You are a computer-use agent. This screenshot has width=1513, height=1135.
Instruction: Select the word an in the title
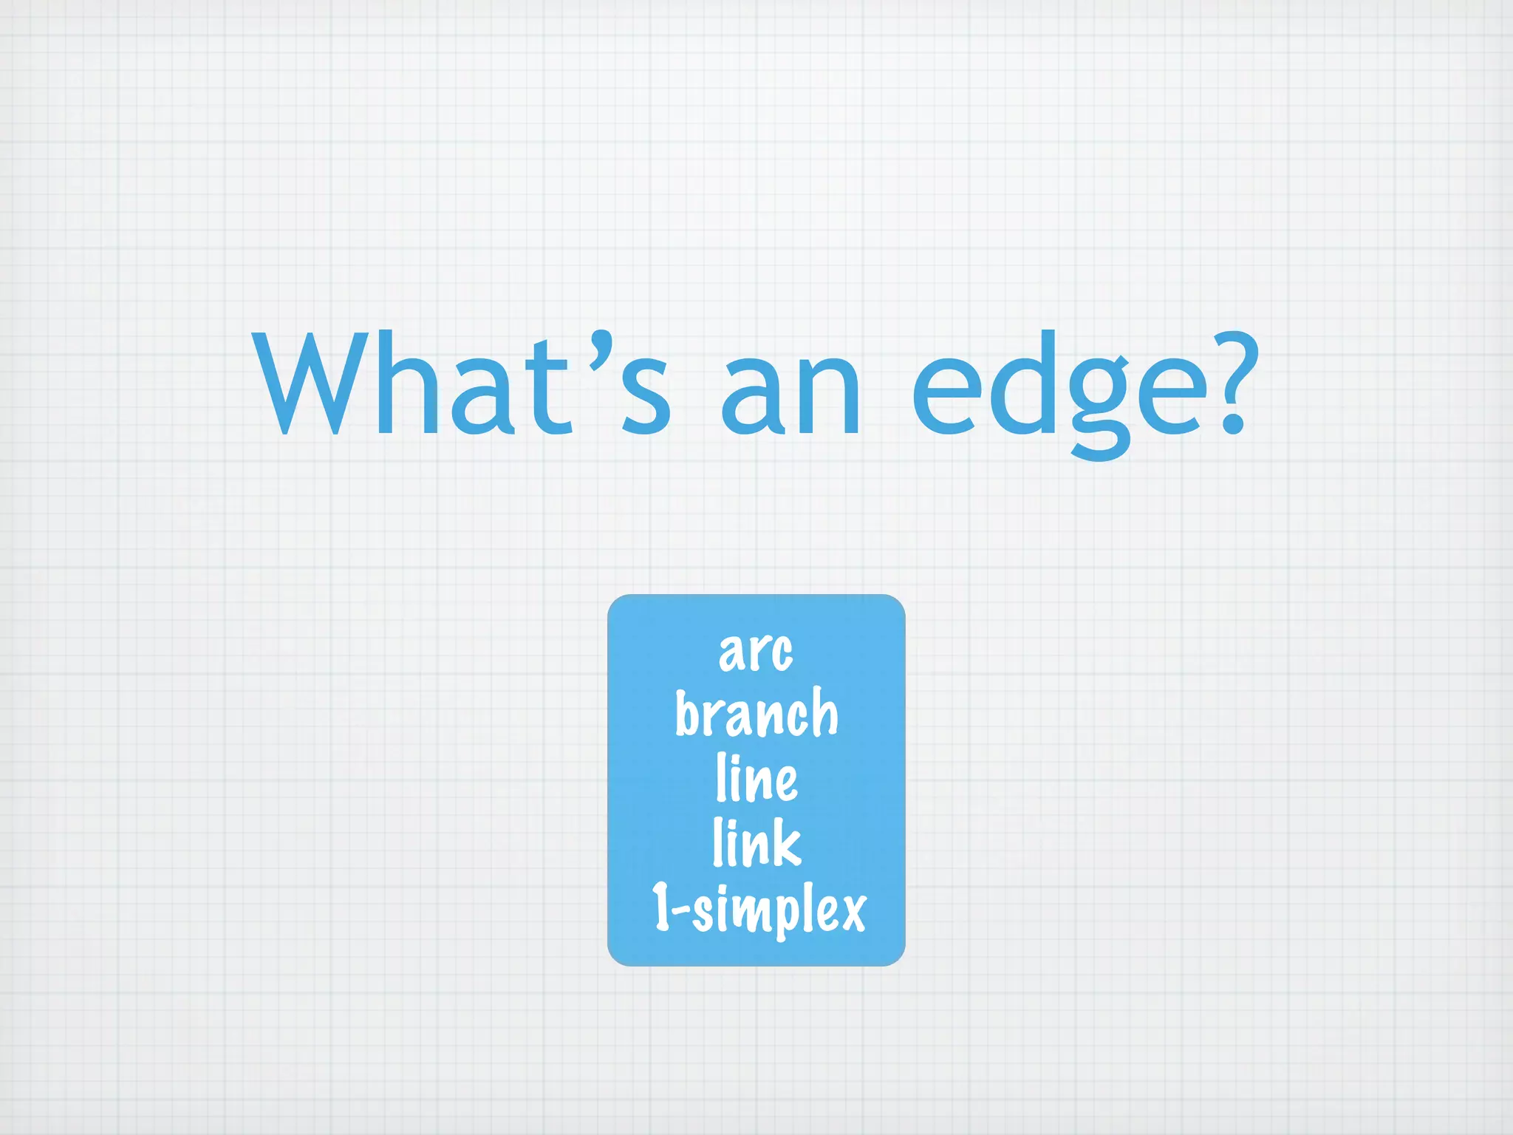[x=790, y=395]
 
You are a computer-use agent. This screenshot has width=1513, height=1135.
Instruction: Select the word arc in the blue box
[x=756, y=652]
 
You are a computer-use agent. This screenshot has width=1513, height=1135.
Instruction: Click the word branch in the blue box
[x=756, y=714]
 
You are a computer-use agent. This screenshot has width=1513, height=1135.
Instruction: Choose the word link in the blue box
[x=756, y=842]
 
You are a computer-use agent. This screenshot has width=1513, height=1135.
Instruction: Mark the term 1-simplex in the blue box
[x=758, y=909]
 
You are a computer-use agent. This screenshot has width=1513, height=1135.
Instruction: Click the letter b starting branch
[x=688, y=714]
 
